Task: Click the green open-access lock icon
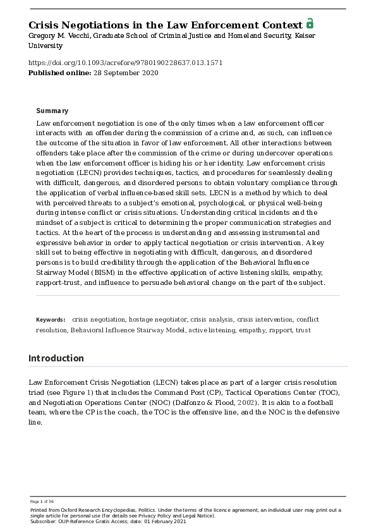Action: tap(310, 23)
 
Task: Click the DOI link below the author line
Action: tap(125, 63)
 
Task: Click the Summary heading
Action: tap(52, 111)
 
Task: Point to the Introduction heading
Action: tap(56, 358)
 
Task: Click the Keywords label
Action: tap(51, 320)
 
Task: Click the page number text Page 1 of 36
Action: tap(42, 501)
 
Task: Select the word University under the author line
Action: tap(45, 45)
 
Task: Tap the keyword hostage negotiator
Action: tap(158, 320)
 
